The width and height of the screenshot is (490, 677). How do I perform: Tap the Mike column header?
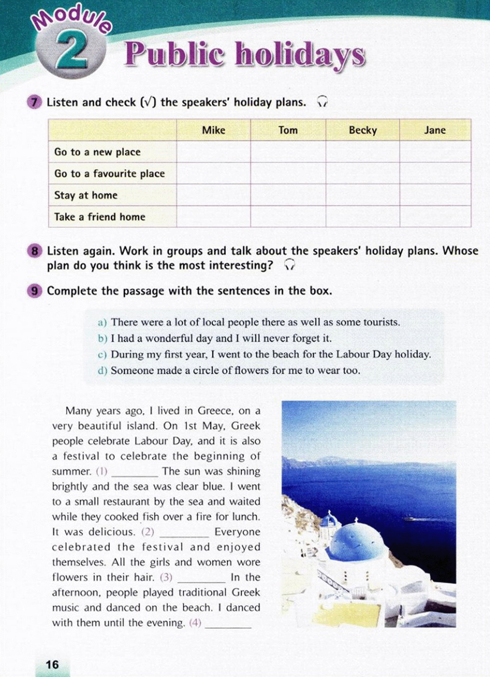213,130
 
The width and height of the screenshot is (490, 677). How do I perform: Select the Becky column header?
363,130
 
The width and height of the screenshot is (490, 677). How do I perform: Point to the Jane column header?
435,130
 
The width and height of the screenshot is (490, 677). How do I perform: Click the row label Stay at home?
86,195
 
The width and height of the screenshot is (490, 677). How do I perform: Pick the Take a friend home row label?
100,217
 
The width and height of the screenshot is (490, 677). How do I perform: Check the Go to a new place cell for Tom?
288,152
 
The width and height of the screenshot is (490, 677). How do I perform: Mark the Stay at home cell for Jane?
435,195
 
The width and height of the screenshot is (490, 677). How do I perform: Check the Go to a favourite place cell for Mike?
213,173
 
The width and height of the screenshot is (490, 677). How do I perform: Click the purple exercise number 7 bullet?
34,102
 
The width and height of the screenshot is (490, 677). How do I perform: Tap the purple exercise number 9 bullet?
34,291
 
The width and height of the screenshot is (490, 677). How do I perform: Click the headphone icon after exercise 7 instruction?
323,102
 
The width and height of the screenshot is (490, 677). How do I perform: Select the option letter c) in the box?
102,355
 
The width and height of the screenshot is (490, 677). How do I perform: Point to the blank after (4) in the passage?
228,624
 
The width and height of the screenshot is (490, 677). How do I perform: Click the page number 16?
52,664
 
